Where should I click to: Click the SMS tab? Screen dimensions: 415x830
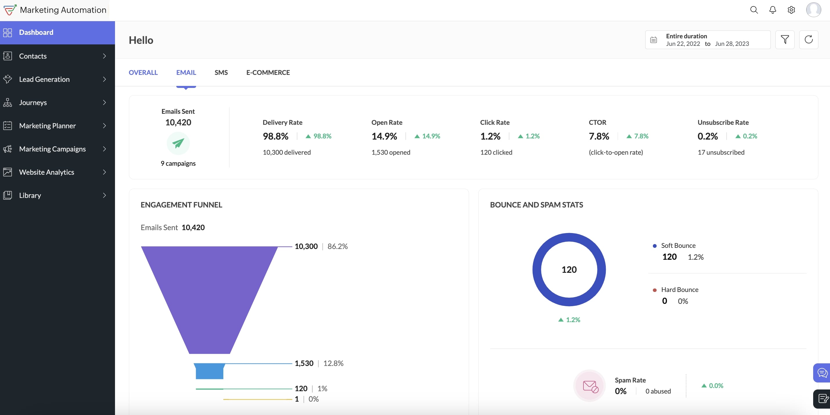[x=221, y=73]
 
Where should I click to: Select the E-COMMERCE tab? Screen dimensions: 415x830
[x=268, y=73]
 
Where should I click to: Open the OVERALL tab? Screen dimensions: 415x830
[x=143, y=73]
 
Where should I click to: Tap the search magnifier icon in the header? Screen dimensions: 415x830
[x=754, y=10]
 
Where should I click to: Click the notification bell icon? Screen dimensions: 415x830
[x=773, y=10]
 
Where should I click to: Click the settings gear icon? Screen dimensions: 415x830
[x=791, y=10]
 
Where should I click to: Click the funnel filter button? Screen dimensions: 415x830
[x=785, y=39]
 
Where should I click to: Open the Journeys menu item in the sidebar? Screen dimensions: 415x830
[x=33, y=102]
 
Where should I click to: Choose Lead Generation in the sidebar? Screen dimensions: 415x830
[x=44, y=79]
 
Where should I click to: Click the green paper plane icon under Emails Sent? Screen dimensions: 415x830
[x=178, y=143]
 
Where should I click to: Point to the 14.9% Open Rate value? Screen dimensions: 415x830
[x=384, y=136]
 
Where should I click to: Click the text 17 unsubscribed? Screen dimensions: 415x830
[x=721, y=152]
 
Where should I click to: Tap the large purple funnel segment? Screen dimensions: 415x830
[x=209, y=296]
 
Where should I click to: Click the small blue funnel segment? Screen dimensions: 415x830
[x=209, y=371]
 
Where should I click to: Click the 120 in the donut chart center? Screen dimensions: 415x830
[x=569, y=270]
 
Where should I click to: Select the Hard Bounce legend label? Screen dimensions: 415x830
[x=680, y=289]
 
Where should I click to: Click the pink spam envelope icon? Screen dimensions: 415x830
[x=590, y=386]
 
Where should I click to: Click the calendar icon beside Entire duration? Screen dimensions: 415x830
[x=653, y=39]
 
